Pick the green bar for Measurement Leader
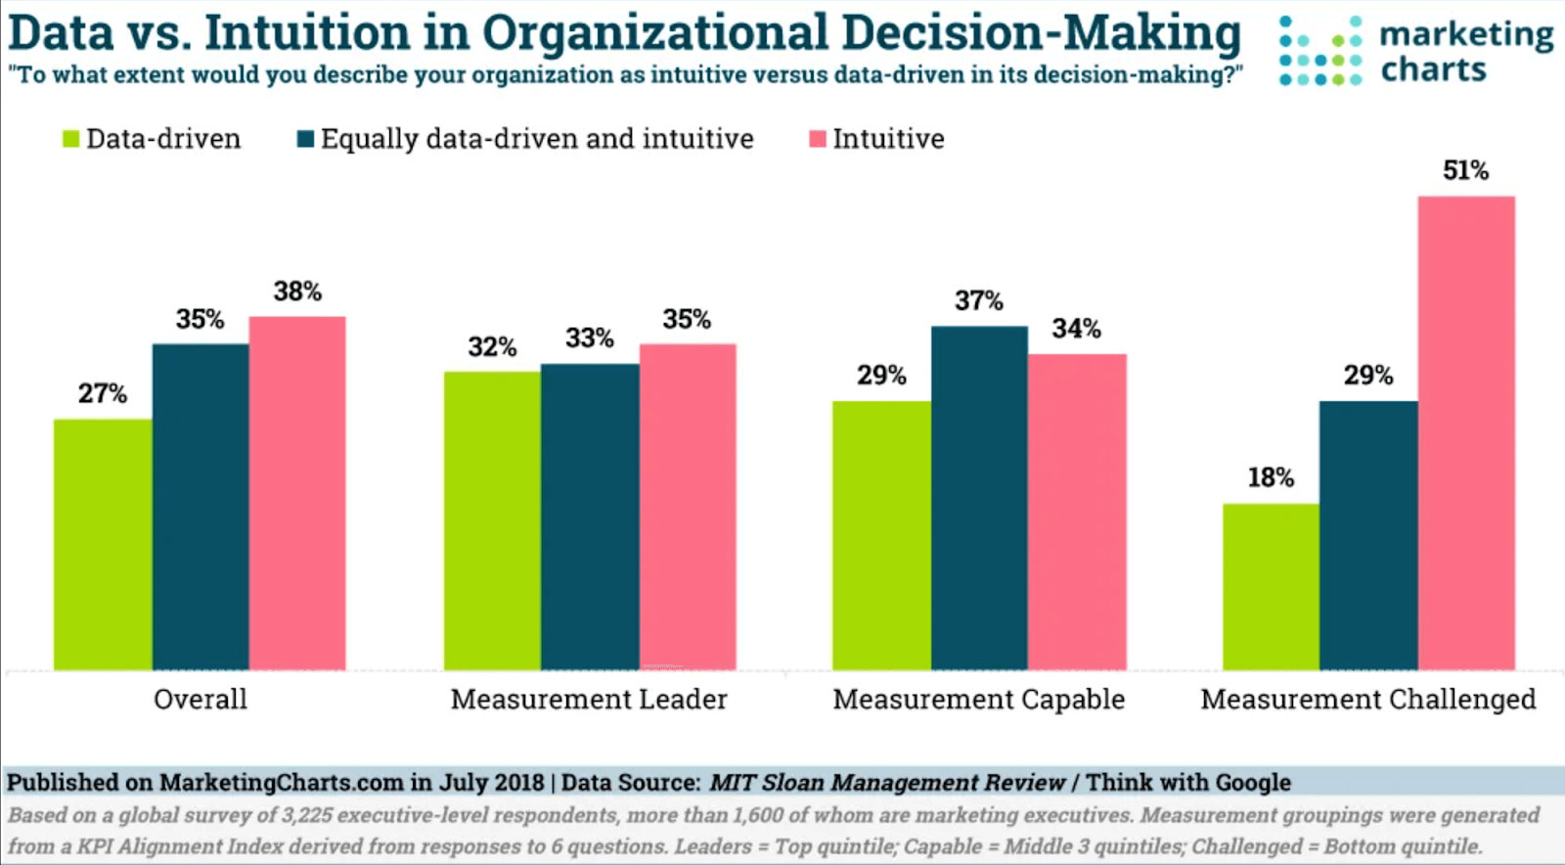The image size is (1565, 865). pos(492,521)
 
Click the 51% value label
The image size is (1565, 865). pos(1465,170)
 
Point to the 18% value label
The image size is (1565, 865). pos(1271,478)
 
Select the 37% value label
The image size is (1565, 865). pos(979,300)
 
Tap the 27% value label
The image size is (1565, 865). pos(103,393)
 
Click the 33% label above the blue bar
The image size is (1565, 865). pos(590,339)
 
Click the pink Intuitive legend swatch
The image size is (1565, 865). pos(818,139)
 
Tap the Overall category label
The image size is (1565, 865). pos(201,699)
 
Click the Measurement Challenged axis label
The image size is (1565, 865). pos(1367,699)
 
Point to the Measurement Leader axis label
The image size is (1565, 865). pos(589,699)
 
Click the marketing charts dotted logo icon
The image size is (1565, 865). pos(1319,51)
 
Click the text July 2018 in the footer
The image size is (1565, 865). pos(491,782)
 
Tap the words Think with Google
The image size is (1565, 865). pos(1187,782)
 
